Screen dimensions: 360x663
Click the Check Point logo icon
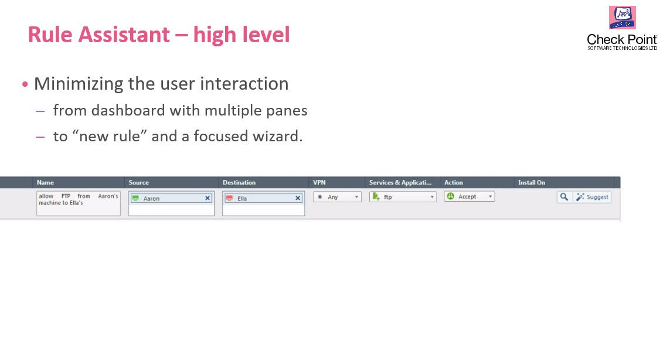(622, 18)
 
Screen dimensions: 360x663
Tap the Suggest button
(592, 197)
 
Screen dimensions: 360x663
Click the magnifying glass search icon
(564, 197)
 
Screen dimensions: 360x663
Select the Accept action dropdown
(469, 197)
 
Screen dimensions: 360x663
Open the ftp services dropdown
(403, 197)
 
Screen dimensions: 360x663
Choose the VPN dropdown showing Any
(337, 197)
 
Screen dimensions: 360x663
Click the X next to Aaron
(208, 198)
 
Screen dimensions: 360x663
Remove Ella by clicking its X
(298, 198)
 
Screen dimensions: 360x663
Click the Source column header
(139, 182)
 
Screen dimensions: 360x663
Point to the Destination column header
(239, 182)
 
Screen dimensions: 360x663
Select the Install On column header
(531, 182)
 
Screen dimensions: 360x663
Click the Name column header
(45, 182)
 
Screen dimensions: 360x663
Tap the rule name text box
(78, 203)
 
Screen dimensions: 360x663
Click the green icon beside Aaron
(135, 198)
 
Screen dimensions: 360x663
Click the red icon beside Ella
(230, 198)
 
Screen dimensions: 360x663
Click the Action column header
(453, 182)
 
